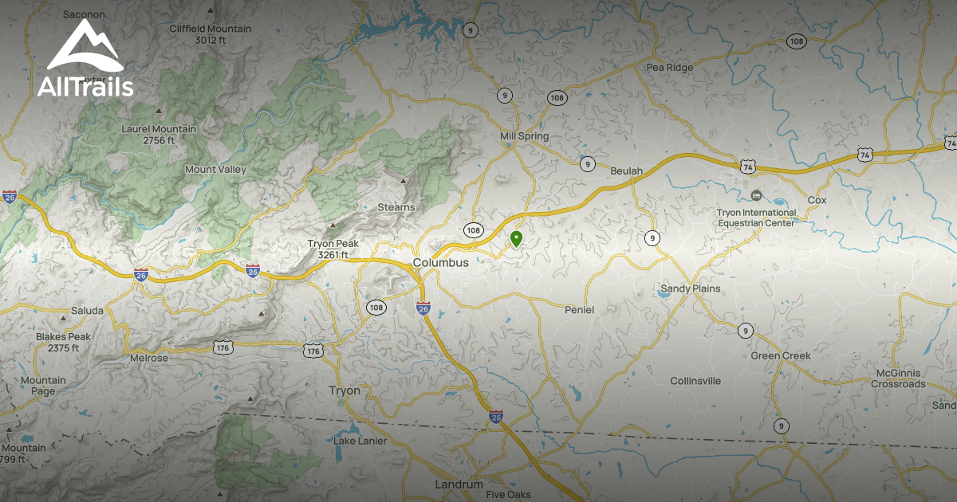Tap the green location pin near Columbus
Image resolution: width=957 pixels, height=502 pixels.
click(516, 237)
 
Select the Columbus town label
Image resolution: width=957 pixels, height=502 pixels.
click(440, 263)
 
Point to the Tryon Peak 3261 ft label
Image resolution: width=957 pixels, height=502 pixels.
click(333, 249)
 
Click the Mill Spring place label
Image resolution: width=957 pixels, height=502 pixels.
click(524, 136)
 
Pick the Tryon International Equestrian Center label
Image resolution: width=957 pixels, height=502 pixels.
click(756, 218)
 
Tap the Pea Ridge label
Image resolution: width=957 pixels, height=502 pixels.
click(669, 68)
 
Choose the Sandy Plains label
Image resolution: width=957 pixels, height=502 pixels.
click(690, 288)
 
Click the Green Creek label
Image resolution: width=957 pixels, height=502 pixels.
click(780, 355)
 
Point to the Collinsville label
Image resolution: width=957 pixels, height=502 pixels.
click(695, 381)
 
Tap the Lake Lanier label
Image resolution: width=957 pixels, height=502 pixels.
click(360, 441)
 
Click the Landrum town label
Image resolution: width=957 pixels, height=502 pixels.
click(459, 484)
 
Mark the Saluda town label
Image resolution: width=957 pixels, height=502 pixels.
click(87, 310)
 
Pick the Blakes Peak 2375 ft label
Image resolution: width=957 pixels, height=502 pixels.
click(63, 342)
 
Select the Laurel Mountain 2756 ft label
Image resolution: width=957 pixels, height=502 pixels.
click(159, 135)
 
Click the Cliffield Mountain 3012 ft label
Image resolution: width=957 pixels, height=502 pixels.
click(210, 34)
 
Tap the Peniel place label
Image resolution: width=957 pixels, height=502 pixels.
click(579, 309)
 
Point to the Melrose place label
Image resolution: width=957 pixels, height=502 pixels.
click(149, 359)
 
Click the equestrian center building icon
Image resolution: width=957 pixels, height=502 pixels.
click(756, 195)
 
